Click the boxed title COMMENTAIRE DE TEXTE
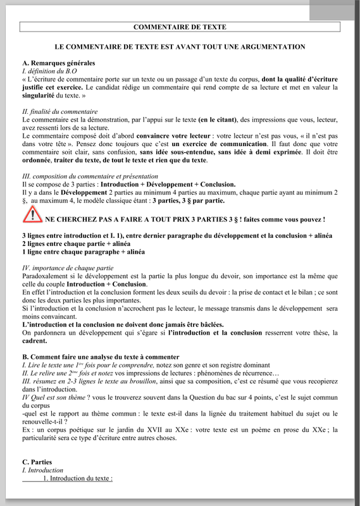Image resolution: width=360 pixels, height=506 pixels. [x=180, y=27]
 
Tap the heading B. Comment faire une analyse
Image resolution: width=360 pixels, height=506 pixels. [x=101, y=357]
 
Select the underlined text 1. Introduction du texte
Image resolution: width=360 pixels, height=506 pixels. [x=77, y=479]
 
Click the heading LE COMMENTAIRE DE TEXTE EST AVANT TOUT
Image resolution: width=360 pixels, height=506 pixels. [x=180, y=47]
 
